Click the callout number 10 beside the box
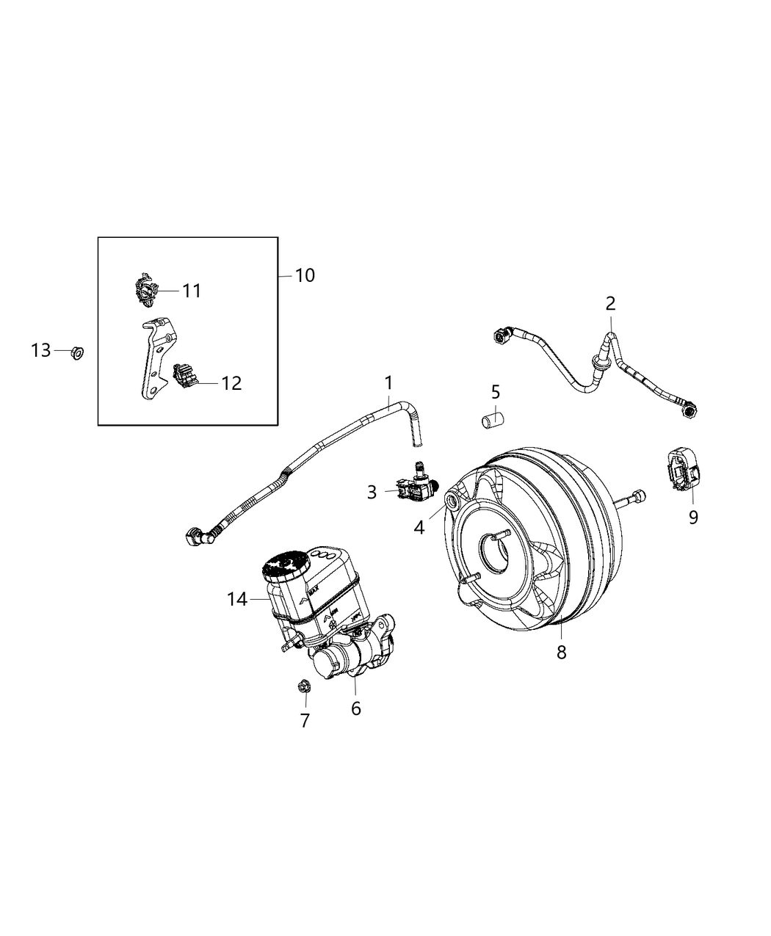(305, 275)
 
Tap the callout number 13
(41, 350)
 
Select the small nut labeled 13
(77, 353)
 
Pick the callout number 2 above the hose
(610, 302)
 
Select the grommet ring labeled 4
(450, 501)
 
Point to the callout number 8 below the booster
(561, 652)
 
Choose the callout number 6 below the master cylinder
(356, 708)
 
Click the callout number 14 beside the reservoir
(237, 600)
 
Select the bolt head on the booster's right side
(638, 496)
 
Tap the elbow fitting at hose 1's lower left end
(198, 537)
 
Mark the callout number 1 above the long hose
(388, 382)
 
